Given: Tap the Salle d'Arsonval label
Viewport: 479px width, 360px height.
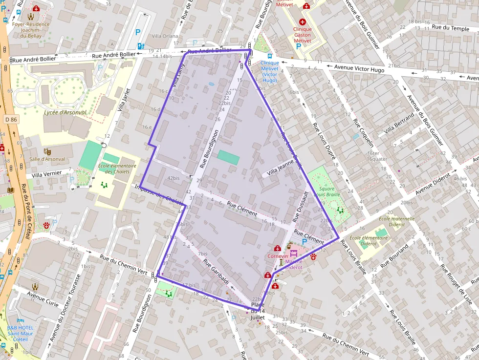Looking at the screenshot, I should pyautogui.click(x=47, y=159).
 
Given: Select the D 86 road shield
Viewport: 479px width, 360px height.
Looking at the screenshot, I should pyautogui.click(x=11, y=119).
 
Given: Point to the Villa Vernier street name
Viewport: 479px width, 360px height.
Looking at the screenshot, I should pyautogui.click(x=47, y=173).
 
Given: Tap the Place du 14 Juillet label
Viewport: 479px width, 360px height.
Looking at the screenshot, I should pyautogui.click(x=257, y=311).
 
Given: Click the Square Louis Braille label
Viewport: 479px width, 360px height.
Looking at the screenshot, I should pyautogui.click(x=327, y=191).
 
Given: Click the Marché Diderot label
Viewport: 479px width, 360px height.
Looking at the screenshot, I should pyautogui.click(x=294, y=264).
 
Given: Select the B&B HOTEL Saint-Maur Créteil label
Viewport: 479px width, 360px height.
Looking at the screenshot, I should pyautogui.click(x=21, y=334).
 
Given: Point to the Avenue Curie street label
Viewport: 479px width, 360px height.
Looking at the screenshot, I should pyautogui.click(x=43, y=297).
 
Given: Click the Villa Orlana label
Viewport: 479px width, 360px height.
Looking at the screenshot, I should pyautogui.click(x=165, y=36).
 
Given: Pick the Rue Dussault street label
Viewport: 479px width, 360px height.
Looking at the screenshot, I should pyautogui.click(x=300, y=208).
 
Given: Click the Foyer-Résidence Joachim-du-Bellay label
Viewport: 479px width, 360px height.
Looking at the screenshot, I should pyautogui.click(x=31, y=29).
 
